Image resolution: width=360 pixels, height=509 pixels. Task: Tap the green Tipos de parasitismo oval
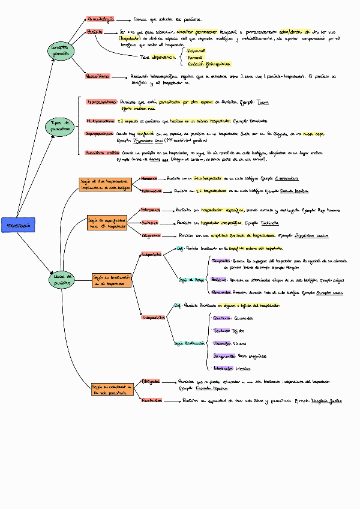[x=61, y=126]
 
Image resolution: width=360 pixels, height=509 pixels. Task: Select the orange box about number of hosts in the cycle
[x=105, y=184]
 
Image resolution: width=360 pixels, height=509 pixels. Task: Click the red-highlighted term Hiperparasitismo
[x=101, y=102]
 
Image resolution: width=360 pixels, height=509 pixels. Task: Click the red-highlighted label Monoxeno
[x=149, y=178]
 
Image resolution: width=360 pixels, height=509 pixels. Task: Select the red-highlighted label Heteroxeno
[x=152, y=191]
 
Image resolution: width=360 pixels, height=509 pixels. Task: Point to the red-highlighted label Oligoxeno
[x=151, y=236]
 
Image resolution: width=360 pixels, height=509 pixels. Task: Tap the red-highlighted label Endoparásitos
[x=154, y=318]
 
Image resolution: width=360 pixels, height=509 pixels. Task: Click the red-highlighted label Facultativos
[x=152, y=400]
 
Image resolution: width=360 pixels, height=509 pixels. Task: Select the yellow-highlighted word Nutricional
[x=196, y=52]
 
